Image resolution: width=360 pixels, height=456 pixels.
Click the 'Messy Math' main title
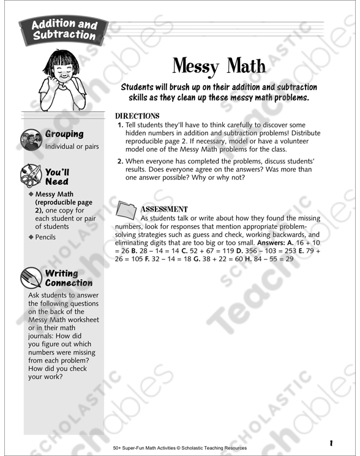[219, 66]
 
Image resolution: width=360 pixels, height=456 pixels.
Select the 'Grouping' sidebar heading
[64, 134]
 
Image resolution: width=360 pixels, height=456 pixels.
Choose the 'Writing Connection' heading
[69, 278]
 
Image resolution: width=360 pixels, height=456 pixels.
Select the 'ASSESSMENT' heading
[164, 209]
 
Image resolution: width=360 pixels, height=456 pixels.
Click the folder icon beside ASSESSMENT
[126, 210]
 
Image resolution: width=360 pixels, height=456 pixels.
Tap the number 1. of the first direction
[120, 125]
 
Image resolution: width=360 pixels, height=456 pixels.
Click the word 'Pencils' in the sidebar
[45, 237]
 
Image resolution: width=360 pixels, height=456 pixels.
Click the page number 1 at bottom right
[330, 442]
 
